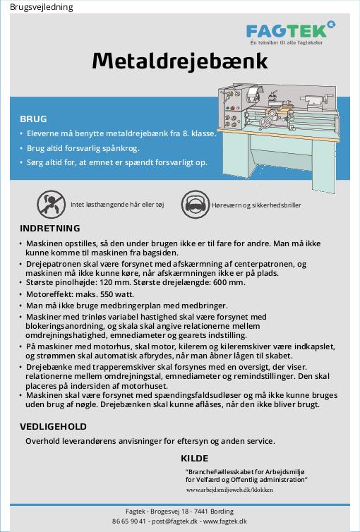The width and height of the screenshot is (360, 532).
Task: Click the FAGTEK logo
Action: tap(291, 32)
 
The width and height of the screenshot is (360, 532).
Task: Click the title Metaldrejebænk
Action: tap(180, 61)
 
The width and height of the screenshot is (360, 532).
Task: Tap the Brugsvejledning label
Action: tap(42, 7)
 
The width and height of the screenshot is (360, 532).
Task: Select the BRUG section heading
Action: tap(33, 119)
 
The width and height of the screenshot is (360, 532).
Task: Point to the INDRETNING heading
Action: tap(50, 228)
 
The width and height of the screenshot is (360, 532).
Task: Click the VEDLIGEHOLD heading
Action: tap(53, 426)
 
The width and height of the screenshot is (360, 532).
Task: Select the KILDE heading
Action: tap(194, 459)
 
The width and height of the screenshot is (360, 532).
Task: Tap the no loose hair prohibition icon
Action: tap(51, 204)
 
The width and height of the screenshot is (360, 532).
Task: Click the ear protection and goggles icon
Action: tap(195, 204)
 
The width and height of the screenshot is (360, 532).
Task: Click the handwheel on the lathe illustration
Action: tap(266, 123)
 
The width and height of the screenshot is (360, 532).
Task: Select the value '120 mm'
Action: tap(115, 282)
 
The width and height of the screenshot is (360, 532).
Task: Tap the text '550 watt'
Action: tap(119, 294)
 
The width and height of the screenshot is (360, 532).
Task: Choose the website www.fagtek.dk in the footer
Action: tap(225, 521)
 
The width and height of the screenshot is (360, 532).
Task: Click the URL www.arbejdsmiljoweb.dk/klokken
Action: tap(229, 490)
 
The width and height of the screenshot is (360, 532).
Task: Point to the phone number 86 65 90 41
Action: tap(129, 521)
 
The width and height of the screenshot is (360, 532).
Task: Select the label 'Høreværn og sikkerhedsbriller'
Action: tap(256, 205)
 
